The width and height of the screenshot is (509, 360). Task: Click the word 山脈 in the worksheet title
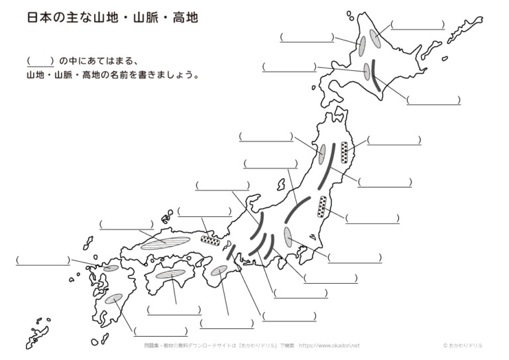[146, 18]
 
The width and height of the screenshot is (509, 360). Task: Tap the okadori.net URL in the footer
[329, 345]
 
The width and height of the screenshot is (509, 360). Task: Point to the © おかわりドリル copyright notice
[463, 345]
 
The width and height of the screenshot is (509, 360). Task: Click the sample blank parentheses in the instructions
[40, 61]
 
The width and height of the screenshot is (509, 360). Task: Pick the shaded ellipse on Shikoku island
[170, 274]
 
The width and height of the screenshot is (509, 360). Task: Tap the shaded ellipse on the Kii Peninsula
[219, 270]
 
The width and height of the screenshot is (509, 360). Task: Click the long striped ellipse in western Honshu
[165, 243]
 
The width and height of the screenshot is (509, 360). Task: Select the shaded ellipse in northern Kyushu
[111, 268]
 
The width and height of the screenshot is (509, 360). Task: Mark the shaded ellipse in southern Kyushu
[113, 298]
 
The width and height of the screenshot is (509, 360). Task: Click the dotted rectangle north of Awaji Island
[210, 241]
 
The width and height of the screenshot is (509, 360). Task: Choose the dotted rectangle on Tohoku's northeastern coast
[345, 152]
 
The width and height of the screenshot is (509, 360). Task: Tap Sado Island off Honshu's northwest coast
[281, 184]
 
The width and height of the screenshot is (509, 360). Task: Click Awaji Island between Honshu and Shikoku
[226, 246]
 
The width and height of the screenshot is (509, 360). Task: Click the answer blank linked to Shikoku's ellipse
[174, 310]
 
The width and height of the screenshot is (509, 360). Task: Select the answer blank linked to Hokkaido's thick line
[433, 100]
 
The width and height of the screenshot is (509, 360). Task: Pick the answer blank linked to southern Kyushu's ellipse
[160, 331]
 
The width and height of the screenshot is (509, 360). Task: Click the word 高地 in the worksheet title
[185, 18]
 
